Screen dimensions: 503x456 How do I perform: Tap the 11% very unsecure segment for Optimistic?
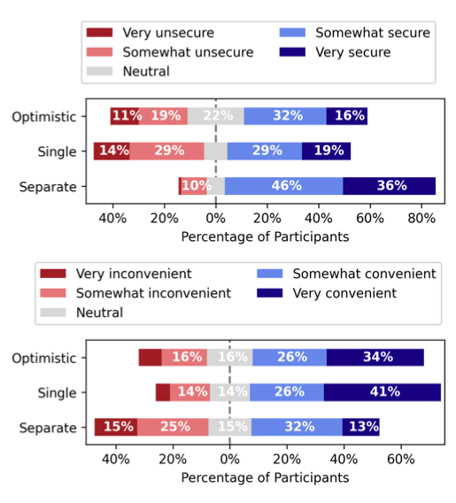point(125,116)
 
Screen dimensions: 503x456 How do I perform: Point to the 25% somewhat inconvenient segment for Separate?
point(173,427)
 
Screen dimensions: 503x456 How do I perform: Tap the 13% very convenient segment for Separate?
point(360,427)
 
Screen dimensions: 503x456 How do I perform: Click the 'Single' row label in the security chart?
point(58,151)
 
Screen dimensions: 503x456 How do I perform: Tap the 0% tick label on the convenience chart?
point(229,460)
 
